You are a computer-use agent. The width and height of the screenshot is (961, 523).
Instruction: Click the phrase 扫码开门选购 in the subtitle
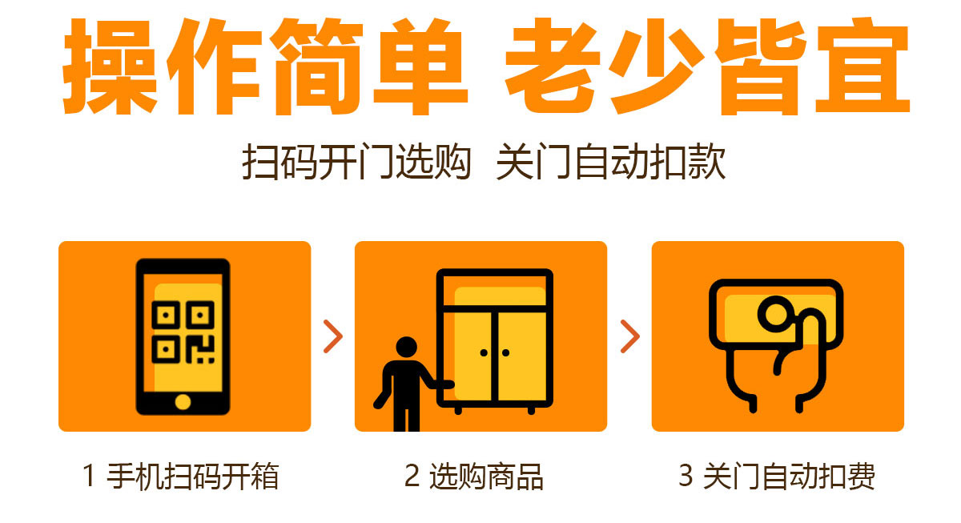coord(356,162)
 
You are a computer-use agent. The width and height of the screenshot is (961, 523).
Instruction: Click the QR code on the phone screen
coord(183,332)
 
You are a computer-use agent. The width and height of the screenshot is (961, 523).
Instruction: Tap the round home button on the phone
coord(183,400)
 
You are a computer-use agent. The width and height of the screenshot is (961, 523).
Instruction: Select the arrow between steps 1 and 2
coord(333,336)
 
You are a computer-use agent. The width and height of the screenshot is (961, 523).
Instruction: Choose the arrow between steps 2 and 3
coord(629,336)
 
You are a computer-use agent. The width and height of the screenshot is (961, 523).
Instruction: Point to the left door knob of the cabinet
coord(484,352)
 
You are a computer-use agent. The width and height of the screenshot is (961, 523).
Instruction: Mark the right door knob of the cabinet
coord(505,352)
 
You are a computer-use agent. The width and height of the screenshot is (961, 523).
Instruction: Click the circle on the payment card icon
coord(774,313)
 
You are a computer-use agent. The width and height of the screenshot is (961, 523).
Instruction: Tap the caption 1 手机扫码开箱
coord(181,477)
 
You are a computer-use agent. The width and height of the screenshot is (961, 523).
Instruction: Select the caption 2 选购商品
coord(473,477)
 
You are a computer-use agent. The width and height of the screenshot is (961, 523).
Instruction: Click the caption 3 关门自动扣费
coord(776,477)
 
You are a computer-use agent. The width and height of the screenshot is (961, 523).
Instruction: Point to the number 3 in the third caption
coord(686,477)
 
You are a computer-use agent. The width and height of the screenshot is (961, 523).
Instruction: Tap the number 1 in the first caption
coord(90,477)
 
